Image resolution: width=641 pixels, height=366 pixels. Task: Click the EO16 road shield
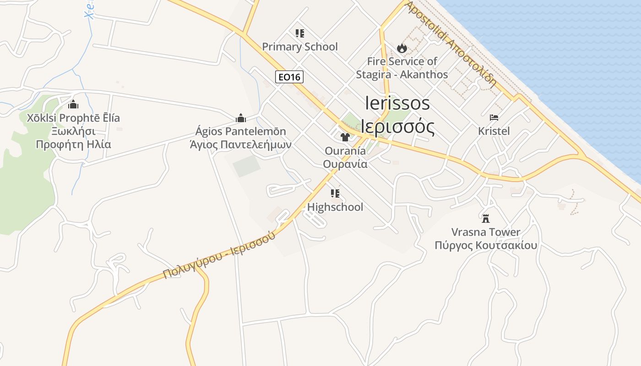[x=289, y=77]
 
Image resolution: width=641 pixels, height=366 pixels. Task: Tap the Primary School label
[x=300, y=47]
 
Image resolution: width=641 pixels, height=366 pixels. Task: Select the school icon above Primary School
[x=300, y=33]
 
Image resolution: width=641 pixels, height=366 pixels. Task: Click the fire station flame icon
[x=402, y=48]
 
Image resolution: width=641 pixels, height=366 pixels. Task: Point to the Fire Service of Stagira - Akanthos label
[x=402, y=68]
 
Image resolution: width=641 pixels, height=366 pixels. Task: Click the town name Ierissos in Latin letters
[x=397, y=103]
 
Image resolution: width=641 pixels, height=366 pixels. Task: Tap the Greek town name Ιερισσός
[x=397, y=127]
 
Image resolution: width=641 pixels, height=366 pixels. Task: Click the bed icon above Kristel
[x=494, y=118]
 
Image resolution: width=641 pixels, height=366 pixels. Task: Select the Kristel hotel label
[x=494, y=131]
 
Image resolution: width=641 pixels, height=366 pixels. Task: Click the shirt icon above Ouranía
[x=345, y=137]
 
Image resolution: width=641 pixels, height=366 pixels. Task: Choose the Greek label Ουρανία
[x=345, y=164]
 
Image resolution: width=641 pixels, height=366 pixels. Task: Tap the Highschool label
[x=335, y=207]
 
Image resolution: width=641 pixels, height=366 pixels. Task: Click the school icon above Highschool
[x=335, y=194]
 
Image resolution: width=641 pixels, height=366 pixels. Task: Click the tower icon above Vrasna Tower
[x=486, y=218]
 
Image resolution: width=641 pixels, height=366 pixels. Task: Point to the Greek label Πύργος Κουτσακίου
[x=486, y=245]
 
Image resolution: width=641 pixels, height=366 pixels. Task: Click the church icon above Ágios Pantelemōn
[x=241, y=118]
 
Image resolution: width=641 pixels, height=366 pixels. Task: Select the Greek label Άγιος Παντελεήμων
[x=241, y=145]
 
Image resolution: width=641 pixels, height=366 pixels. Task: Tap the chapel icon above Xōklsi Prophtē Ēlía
[x=73, y=104]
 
